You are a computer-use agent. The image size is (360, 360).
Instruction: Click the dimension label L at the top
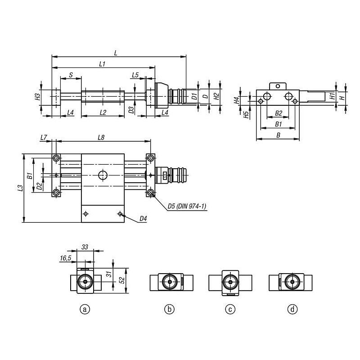[116, 53]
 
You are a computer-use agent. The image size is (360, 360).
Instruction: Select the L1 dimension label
[102, 64]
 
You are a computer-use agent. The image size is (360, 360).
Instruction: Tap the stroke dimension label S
[71, 75]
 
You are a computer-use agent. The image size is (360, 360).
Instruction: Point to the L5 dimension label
[135, 75]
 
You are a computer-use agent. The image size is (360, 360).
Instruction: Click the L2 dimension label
[103, 112]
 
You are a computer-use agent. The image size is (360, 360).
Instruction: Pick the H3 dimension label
[38, 96]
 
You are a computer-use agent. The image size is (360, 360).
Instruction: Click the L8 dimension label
[101, 137]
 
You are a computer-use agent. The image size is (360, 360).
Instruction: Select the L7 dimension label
[44, 137]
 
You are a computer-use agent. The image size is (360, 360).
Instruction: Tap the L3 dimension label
[20, 188]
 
